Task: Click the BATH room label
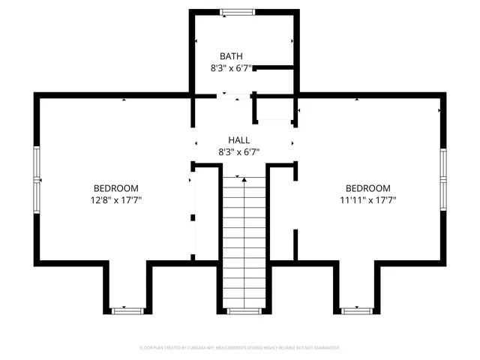pos(231,56)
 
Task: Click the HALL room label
pos(239,140)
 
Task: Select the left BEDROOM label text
pos(115,188)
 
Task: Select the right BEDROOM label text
pos(367,188)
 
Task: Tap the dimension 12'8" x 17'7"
pos(115,200)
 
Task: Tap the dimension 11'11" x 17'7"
pos(367,200)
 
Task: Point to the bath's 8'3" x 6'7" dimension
pos(231,68)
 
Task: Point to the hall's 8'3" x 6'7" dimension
pos(239,152)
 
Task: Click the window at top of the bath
pos(238,11)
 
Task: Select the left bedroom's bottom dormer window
pos(124,310)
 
